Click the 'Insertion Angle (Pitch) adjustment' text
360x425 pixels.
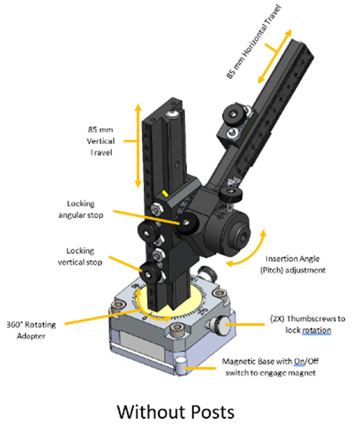click(x=295, y=264)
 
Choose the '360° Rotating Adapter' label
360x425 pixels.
click(x=31, y=330)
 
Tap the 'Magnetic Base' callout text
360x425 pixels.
click(x=268, y=367)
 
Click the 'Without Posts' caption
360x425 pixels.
click(x=176, y=411)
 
